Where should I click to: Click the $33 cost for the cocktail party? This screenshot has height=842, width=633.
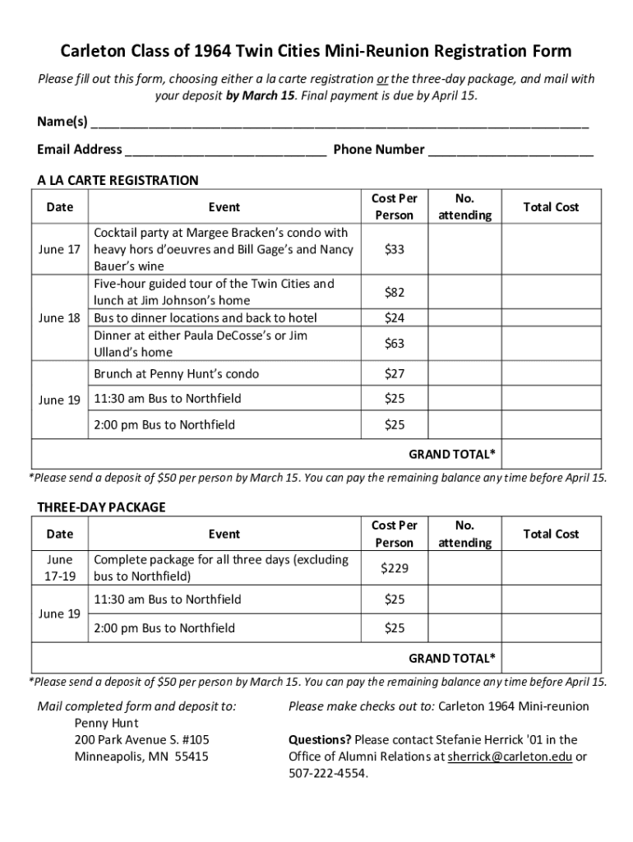394,249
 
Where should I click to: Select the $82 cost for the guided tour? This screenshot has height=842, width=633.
394,292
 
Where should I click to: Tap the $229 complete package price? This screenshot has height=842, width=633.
394,568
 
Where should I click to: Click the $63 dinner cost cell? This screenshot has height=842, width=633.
394,344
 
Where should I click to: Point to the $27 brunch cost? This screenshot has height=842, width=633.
394,374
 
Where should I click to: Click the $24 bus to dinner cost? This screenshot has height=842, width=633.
394,318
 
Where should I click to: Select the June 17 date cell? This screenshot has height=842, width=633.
60,249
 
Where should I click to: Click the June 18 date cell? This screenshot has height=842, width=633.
60,318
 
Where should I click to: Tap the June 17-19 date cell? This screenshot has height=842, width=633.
60,568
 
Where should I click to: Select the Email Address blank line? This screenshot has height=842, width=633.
226,151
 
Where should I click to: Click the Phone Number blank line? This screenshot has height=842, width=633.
511,151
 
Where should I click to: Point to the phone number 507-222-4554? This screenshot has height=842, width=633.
328,774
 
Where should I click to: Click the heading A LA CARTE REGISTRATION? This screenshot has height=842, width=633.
118,180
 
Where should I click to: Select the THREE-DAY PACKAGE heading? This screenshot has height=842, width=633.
101,507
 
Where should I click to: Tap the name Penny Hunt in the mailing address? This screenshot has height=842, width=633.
106,723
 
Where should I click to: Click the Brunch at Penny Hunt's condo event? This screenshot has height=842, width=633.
176,374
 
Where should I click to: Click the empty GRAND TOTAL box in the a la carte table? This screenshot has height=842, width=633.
552,454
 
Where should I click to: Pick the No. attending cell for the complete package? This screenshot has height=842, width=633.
464,568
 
